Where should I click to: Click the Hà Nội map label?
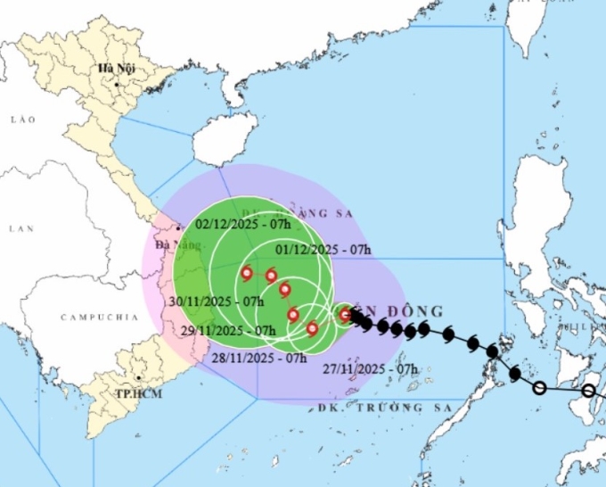[x=115, y=69]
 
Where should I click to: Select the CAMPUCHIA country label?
[x=99, y=318]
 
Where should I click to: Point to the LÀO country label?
[x=21, y=119]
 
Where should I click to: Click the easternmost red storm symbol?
[x=345, y=314]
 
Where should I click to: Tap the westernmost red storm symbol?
[x=247, y=274]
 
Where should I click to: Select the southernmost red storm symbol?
[x=312, y=328]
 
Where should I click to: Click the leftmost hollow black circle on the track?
[x=539, y=387]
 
